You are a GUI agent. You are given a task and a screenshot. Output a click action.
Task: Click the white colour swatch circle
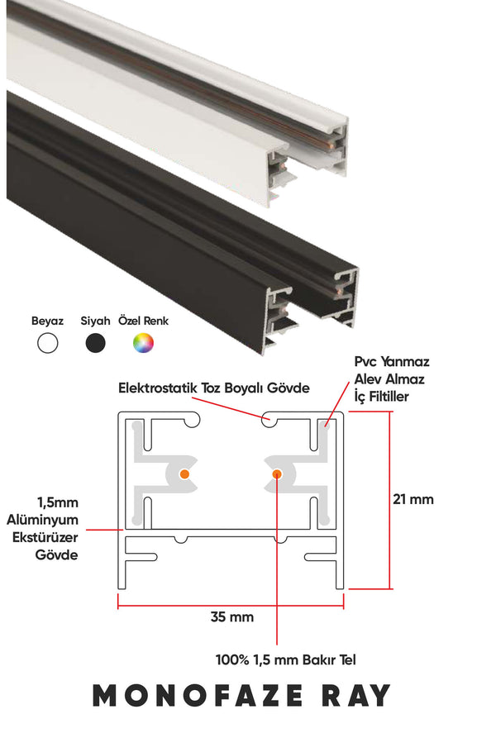tap(48, 344)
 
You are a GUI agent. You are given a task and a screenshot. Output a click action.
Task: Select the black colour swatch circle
tap(95, 344)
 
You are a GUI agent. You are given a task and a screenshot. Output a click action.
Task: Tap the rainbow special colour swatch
tap(143, 344)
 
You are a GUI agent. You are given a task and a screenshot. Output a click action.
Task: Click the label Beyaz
tap(47, 321)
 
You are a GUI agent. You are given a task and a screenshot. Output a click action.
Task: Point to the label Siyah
tap(95, 321)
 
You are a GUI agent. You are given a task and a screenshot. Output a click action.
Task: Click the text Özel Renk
tap(144, 321)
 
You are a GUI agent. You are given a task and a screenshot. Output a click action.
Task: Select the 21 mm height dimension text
tap(413, 499)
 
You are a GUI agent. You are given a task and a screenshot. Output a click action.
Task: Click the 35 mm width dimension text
tap(231, 617)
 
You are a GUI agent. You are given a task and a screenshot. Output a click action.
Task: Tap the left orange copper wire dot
tap(184, 474)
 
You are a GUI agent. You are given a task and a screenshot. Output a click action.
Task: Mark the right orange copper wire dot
tap(277, 474)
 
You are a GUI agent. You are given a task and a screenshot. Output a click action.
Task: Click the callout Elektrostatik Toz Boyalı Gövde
tap(213, 388)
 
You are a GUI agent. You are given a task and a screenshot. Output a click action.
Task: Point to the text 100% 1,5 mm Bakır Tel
tap(286, 660)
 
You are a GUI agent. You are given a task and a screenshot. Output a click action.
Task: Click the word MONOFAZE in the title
tap(198, 696)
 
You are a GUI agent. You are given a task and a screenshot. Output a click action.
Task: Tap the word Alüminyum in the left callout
tap(42, 520)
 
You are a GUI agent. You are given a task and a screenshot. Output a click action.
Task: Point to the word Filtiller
tap(388, 397)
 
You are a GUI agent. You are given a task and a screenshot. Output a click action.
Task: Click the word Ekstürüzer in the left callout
tap(45, 538)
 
